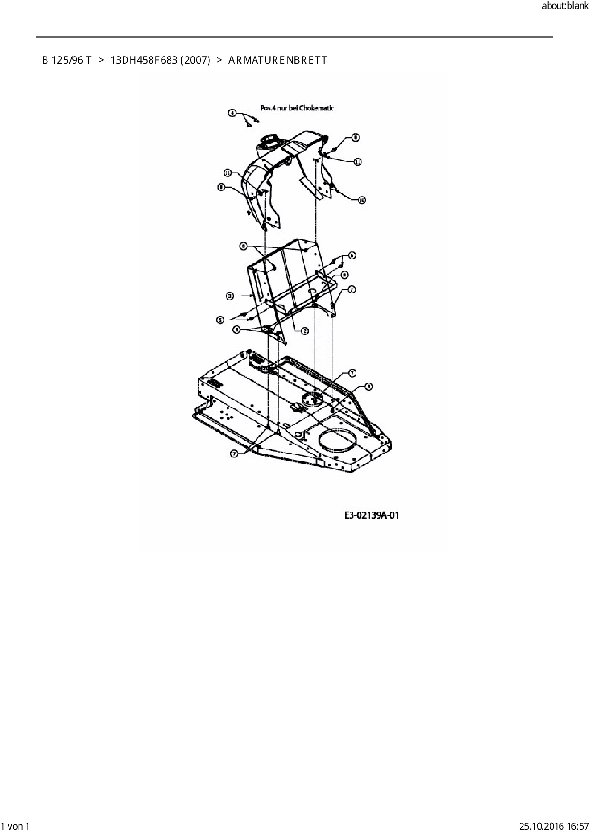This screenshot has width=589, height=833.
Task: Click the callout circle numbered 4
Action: [x=232, y=113]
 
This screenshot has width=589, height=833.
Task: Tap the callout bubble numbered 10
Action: [x=361, y=200]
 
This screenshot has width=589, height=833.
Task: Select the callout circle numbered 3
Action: [x=230, y=296]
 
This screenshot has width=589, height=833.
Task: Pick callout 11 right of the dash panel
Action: [x=358, y=162]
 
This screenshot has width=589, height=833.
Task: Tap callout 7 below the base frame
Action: [x=234, y=454]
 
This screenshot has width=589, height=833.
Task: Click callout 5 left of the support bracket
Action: [x=220, y=320]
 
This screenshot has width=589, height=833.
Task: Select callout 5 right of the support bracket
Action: [x=352, y=256]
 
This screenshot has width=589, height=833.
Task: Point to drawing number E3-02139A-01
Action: [x=371, y=515]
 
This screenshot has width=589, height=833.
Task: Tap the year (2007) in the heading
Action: [x=195, y=60]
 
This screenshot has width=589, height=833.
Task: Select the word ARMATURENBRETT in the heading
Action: [x=277, y=60]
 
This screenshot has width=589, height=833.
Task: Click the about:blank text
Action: [x=565, y=6]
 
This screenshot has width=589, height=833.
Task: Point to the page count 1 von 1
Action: [x=15, y=826]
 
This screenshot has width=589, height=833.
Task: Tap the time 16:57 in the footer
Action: [x=575, y=826]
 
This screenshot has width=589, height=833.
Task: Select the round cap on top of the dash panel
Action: [x=269, y=141]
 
